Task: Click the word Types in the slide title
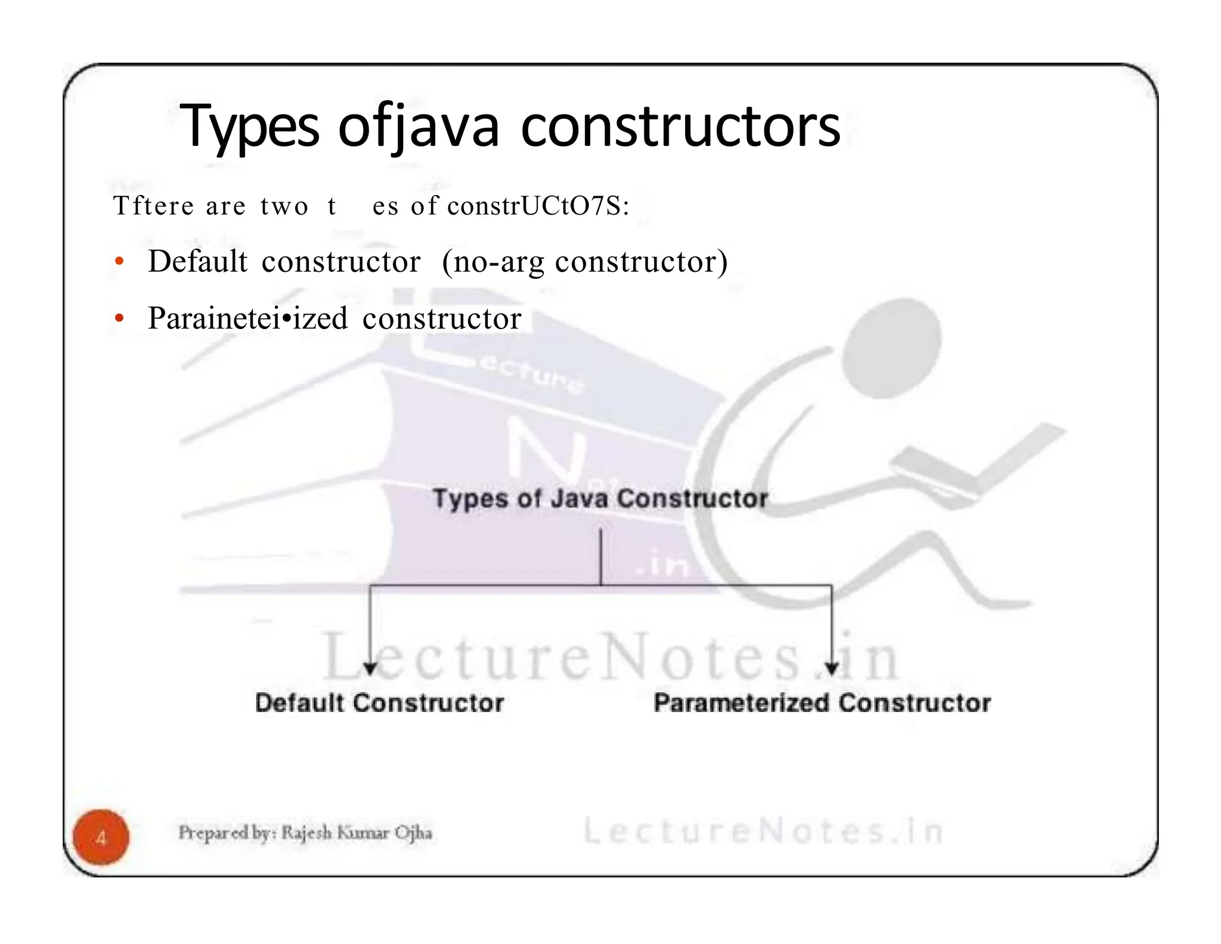pyautogui.click(x=250, y=127)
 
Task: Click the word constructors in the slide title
pyautogui.click(x=680, y=127)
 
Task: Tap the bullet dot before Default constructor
pyautogui.click(x=120, y=262)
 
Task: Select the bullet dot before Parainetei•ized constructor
pyautogui.click(x=120, y=319)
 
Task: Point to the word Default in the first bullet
pyautogui.click(x=197, y=262)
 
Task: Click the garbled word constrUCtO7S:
pyautogui.click(x=538, y=206)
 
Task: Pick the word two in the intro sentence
pyautogui.click(x=284, y=207)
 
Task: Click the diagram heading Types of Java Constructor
pyautogui.click(x=600, y=498)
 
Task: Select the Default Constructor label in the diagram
pyautogui.click(x=379, y=703)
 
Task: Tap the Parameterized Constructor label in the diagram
pyautogui.click(x=822, y=703)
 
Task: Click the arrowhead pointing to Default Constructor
pyautogui.click(x=370, y=669)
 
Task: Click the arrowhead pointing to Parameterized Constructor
pyautogui.click(x=832, y=669)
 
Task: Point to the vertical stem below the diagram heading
pyautogui.click(x=600, y=557)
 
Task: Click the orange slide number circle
pyautogui.click(x=101, y=837)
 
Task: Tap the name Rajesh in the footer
pyautogui.click(x=306, y=833)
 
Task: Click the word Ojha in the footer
pyautogui.click(x=413, y=833)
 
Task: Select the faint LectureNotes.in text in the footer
pyautogui.click(x=763, y=831)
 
